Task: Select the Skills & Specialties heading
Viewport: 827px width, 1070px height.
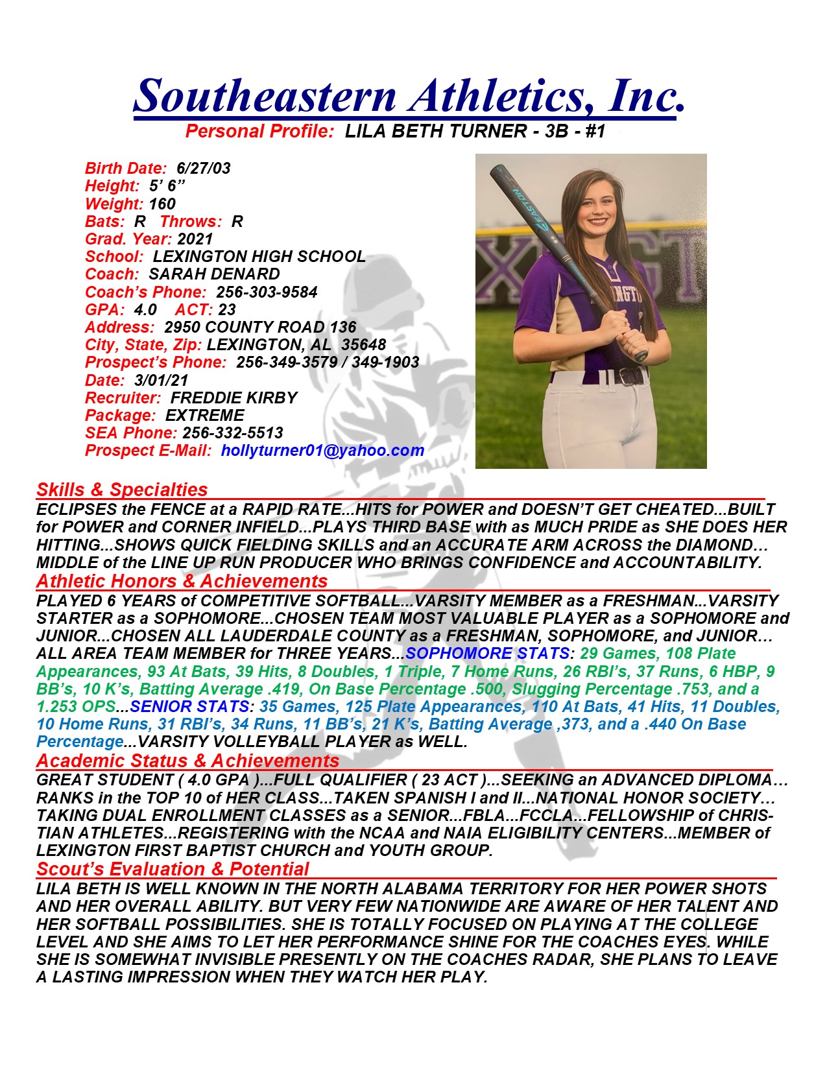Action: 122,490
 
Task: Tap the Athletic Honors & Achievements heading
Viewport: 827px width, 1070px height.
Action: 182,581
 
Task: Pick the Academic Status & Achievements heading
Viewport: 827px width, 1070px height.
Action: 187,761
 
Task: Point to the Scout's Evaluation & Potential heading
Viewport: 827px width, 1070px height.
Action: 173,869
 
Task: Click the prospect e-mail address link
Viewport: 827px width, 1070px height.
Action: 322,451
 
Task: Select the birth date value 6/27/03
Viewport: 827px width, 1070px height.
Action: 204,169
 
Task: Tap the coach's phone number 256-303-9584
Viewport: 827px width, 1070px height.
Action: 267,292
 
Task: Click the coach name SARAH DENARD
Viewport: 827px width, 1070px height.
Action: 214,274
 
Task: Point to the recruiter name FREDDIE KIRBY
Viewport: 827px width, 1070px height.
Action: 234,398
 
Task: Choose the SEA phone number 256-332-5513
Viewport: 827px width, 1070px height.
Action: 233,433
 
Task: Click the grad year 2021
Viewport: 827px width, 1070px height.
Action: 195,239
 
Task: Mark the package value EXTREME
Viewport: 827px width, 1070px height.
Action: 205,416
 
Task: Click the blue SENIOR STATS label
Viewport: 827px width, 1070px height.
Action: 189,707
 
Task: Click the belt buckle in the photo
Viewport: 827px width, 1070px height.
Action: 628,375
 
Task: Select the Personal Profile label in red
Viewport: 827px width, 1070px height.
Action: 259,132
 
